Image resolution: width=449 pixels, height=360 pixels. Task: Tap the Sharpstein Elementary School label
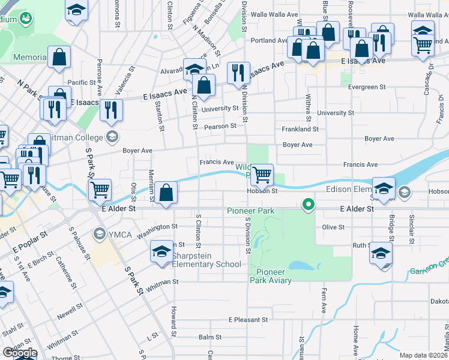point(206,264)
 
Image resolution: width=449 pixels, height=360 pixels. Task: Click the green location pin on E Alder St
point(309,205)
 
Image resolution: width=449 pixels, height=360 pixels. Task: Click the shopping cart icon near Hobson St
point(262,175)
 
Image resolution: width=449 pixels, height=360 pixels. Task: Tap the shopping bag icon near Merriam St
point(167,193)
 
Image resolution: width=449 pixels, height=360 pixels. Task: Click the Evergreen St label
point(367,87)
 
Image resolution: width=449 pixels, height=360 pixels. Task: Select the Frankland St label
point(300,129)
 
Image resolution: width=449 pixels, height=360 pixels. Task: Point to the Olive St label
point(333,227)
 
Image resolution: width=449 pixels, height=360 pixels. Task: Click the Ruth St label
point(361,245)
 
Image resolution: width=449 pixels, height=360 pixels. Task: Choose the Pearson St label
point(220,127)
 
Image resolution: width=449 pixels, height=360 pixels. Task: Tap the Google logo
point(20,353)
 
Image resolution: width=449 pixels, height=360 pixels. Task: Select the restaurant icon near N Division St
point(238,73)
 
